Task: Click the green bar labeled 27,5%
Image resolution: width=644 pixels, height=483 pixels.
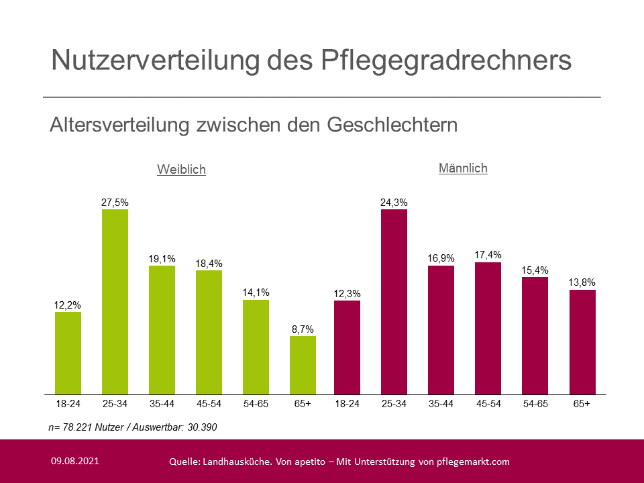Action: [x=115, y=302]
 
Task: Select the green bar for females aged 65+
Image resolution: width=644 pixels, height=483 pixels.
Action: [x=303, y=365]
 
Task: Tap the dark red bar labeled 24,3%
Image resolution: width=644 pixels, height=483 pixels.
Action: [x=394, y=302]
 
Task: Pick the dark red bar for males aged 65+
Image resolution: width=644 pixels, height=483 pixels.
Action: [x=582, y=342]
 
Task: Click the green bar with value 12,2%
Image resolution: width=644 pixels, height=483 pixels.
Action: [x=68, y=353]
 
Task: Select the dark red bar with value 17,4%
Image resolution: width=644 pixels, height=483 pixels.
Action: [x=488, y=328]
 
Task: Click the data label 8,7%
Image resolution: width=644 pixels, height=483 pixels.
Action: [x=303, y=329]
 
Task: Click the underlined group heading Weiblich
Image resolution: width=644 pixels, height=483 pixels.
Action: [x=181, y=170]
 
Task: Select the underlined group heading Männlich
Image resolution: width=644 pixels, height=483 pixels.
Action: [x=463, y=168]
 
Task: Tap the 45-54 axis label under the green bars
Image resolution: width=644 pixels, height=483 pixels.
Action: [x=209, y=404]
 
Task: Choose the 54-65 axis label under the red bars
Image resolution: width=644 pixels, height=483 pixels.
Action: [x=535, y=404]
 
